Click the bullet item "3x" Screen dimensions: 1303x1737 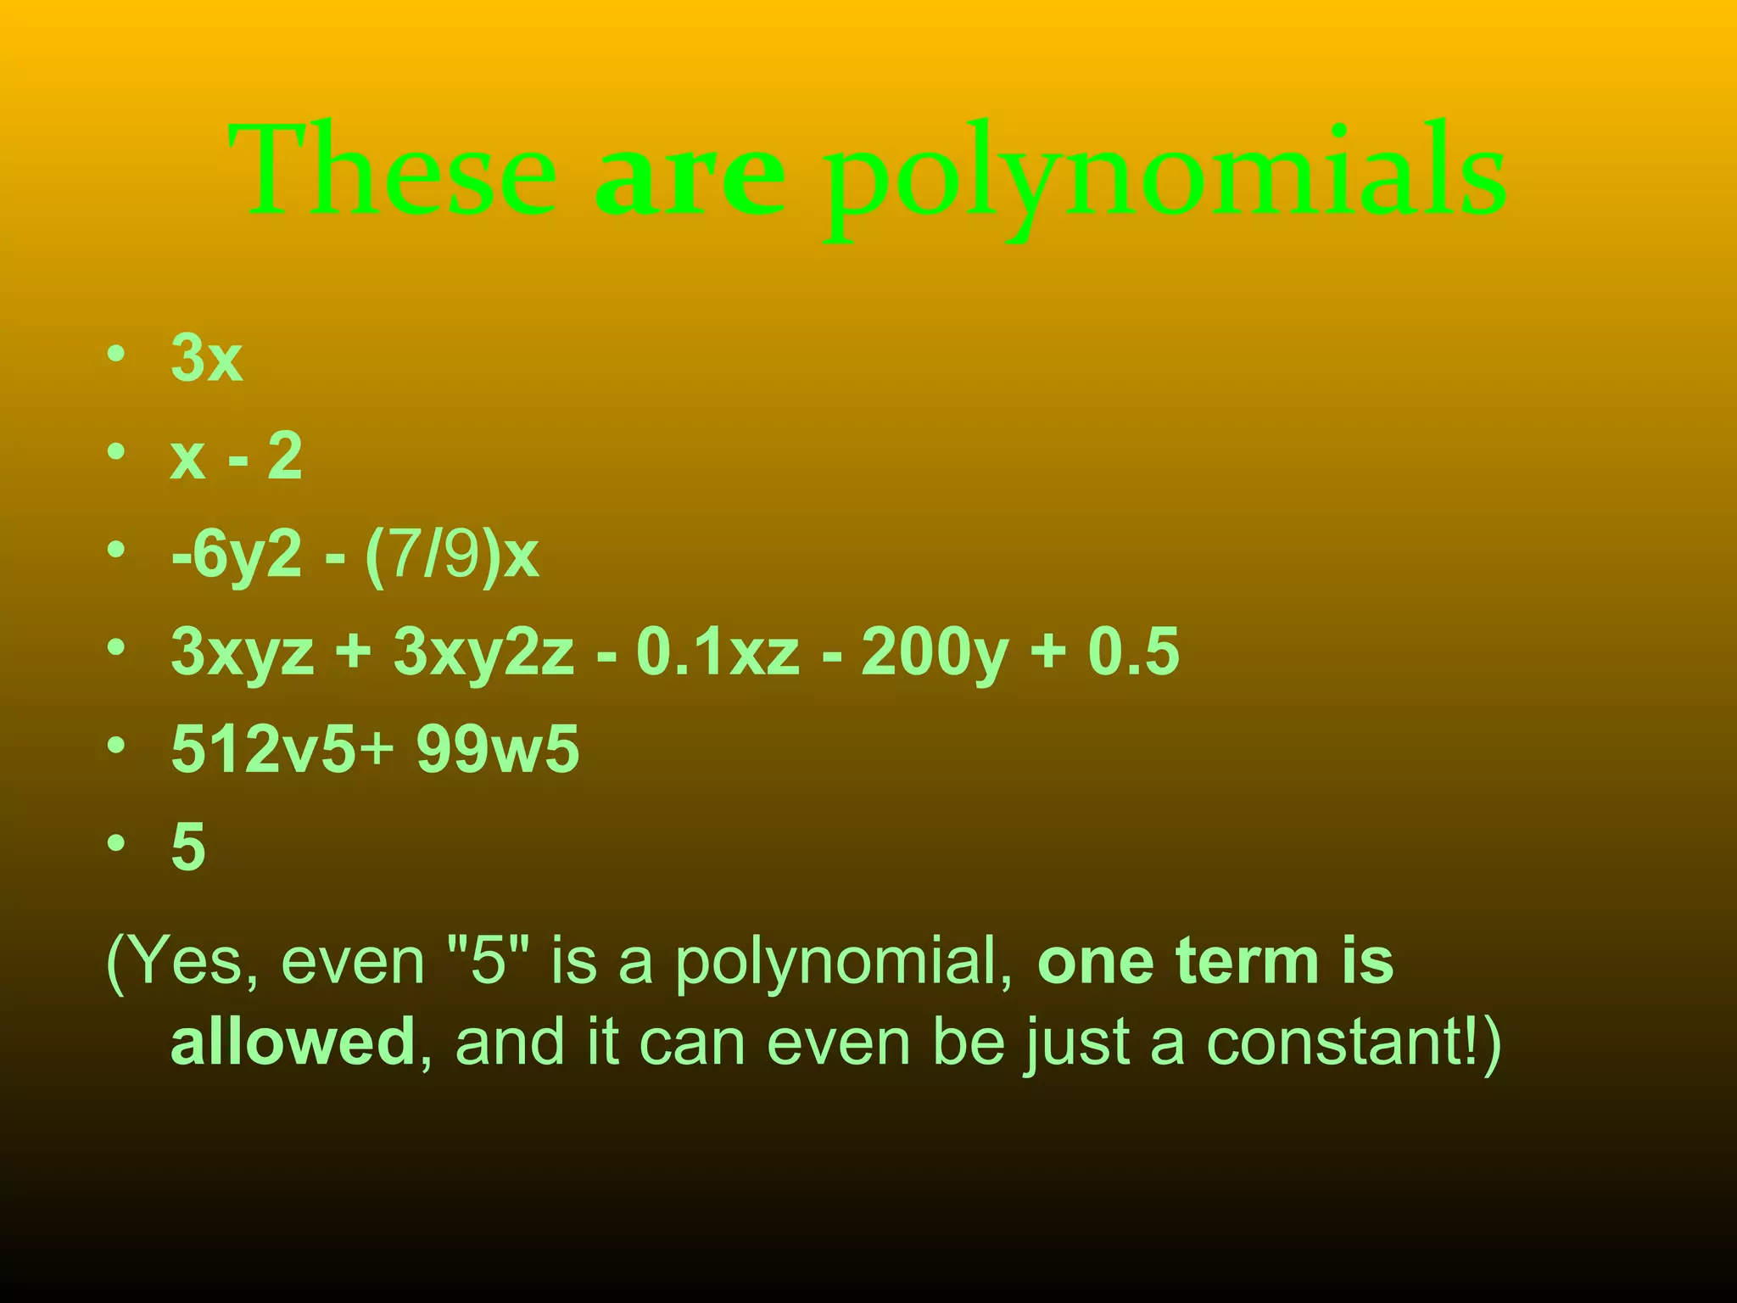(207, 358)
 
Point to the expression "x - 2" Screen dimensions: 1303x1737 (236, 456)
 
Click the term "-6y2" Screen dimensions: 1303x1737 (237, 556)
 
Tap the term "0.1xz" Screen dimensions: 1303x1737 (718, 651)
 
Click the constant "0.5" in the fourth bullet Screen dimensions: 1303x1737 (1133, 651)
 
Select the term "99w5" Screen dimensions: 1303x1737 (498, 749)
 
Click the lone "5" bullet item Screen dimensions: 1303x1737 (188, 847)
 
